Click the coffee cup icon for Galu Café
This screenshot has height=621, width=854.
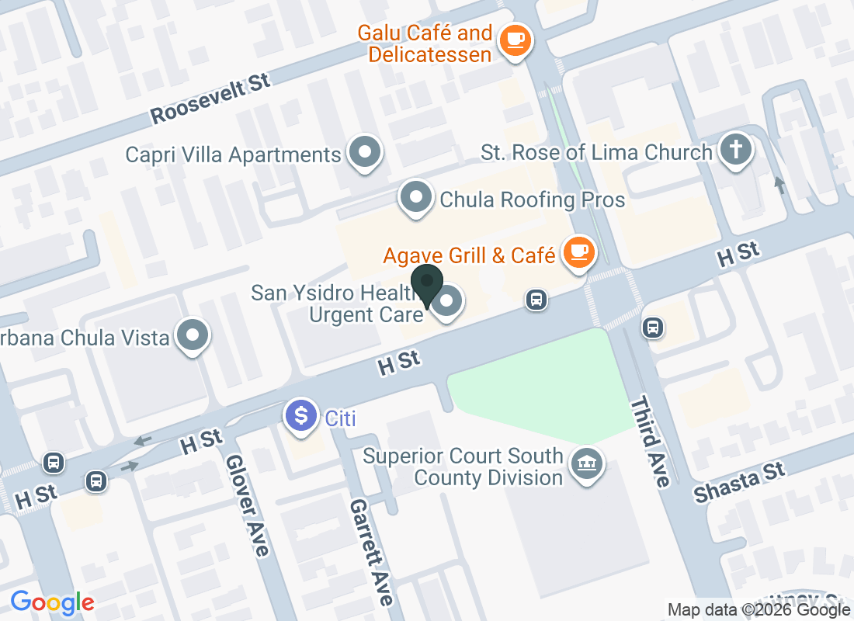[514, 38]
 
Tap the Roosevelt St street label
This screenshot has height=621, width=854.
[210, 99]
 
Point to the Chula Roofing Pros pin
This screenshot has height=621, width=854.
[416, 197]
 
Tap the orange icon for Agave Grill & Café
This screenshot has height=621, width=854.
[578, 252]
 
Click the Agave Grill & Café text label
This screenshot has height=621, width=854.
[470, 255]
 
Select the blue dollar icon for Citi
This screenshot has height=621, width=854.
[301, 415]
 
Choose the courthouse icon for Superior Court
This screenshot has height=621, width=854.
[588, 464]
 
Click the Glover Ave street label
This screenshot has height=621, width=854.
[248, 505]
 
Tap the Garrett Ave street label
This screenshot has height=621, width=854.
[371, 551]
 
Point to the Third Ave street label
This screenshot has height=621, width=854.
[650, 442]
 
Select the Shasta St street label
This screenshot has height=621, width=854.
[739, 481]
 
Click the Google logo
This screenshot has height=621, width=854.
[53, 602]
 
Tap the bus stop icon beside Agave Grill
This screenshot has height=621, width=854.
[536, 300]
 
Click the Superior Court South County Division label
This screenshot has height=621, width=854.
[463, 466]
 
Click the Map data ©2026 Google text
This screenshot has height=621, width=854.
[759, 610]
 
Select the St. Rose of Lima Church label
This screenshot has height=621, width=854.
[596, 152]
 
